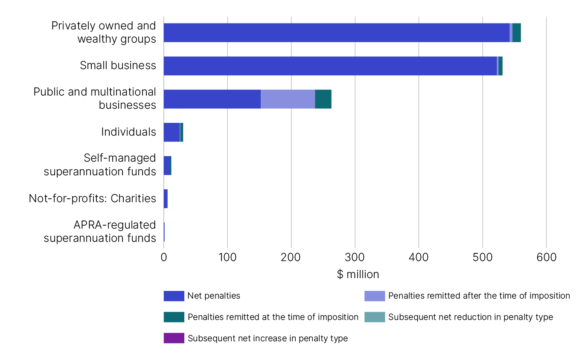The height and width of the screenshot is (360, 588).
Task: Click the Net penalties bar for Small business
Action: click(330, 66)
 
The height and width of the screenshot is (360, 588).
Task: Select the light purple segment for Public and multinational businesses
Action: click(288, 99)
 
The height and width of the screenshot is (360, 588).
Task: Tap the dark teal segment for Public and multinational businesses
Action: click(323, 99)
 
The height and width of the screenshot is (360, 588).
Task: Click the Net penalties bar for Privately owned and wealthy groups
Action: click(336, 33)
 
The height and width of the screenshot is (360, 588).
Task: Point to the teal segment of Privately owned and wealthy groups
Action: click(516, 33)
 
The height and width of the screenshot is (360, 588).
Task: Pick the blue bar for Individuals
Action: click(172, 132)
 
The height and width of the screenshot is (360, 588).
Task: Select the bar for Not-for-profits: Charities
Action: click(166, 199)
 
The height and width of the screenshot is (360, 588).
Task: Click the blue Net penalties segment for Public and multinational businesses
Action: click(212, 99)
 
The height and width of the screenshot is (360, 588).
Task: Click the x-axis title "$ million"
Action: click(358, 274)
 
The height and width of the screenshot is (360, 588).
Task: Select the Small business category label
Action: click(118, 66)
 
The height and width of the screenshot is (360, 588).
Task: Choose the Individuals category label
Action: click(128, 132)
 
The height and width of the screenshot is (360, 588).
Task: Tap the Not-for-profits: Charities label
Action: click(92, 199)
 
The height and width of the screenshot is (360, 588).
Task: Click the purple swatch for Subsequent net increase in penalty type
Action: click(174, 338)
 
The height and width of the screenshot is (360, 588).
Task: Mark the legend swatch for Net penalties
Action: click(174, 296)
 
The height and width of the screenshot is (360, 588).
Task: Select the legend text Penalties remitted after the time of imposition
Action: click(479, 296)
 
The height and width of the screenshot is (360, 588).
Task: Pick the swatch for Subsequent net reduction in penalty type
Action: click(374, 317)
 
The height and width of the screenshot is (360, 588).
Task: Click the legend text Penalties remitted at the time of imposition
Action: click(273, 317)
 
